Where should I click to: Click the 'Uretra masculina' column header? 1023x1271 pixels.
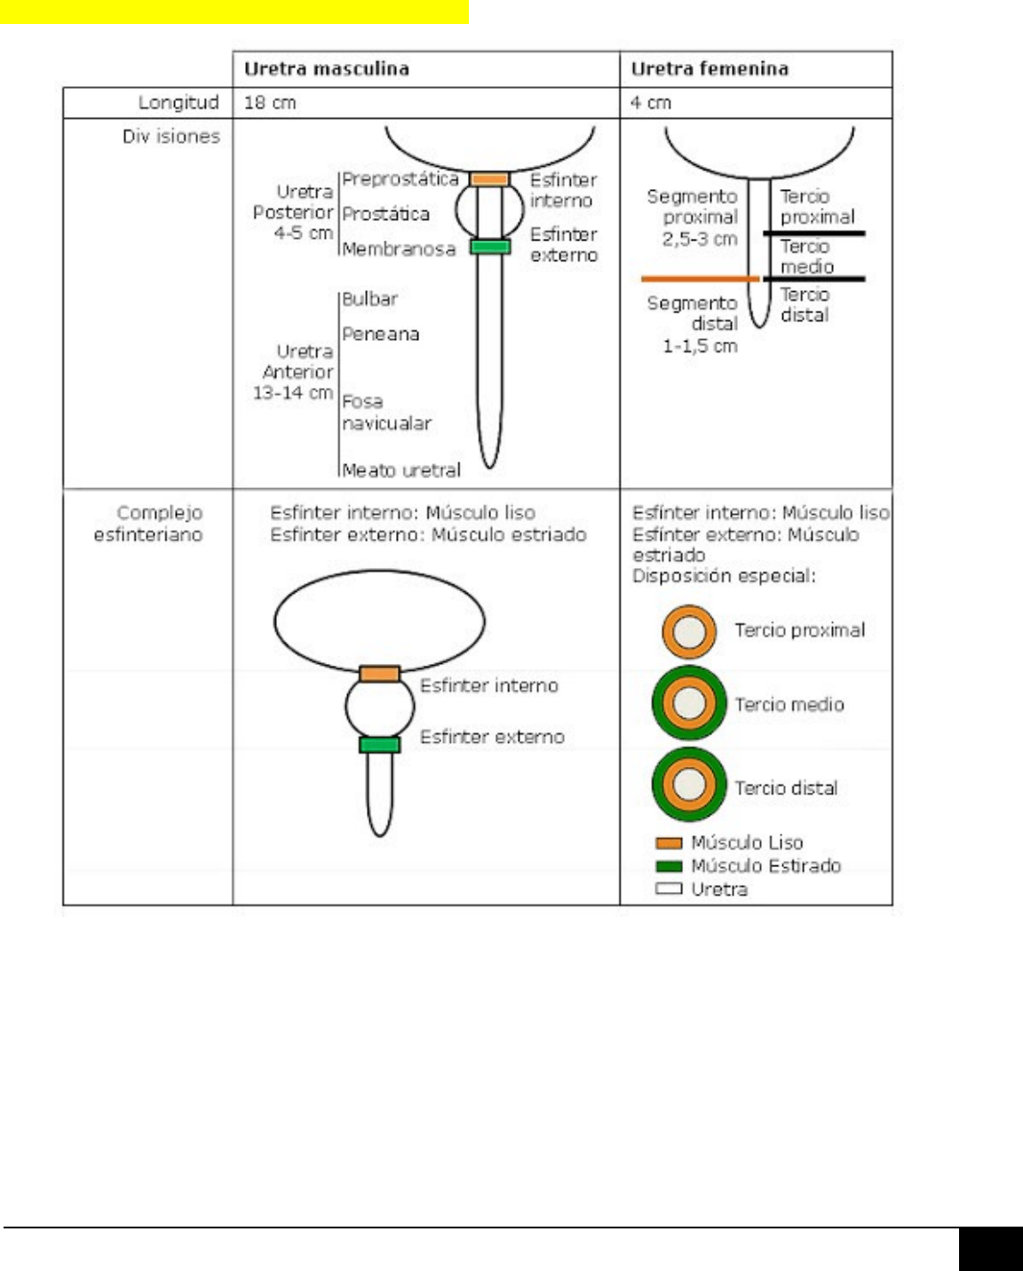(x=326, y=69)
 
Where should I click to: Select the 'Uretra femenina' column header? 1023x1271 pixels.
(x=709, y=69)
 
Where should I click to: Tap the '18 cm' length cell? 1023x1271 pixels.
(x=270, y=103)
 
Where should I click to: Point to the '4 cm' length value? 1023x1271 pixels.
(x=651, y=103)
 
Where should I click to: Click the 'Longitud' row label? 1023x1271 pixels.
(x=178, y=103)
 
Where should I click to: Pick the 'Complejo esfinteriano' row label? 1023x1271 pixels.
(x=148, y=524)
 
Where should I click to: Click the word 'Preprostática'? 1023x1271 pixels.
(x=400, y=179)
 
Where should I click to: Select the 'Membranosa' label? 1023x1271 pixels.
(x=398, y=249)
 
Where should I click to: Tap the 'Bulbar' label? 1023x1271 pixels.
(x=369, y=299)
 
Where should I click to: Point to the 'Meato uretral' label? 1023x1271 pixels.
(x=401, y=470)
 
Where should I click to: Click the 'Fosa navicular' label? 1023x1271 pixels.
(x=386, y=413)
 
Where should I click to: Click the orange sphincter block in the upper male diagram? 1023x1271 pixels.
(x=489, y=179)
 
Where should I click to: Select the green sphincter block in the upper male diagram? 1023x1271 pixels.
(x=490, y=247)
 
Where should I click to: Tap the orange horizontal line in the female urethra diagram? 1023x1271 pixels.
(x=700, y=279)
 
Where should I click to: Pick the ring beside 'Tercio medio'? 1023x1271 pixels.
(x=689, y=703)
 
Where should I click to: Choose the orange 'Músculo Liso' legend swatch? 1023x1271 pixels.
(x=669, y=843)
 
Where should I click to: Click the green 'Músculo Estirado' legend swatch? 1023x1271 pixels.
(x=669, y=866)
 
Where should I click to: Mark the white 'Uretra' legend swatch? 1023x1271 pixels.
(x=669, y=889)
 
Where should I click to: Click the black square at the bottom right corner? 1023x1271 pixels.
(x=990, y=1249)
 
